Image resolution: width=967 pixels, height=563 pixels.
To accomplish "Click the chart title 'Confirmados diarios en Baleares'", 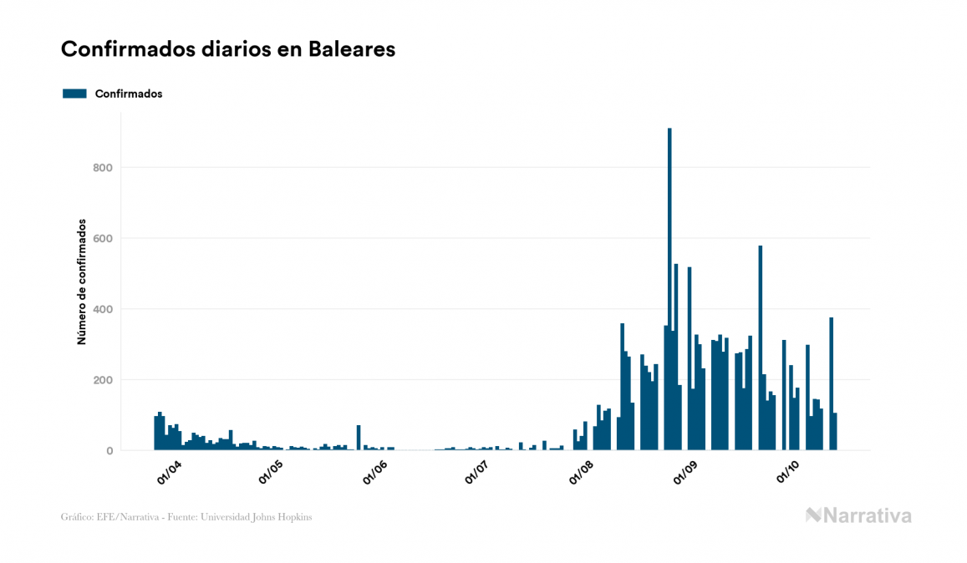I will pyautogui.click(x=228, y=49).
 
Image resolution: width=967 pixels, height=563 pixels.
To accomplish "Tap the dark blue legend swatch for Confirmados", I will pyautogui.click(x=74, y=94).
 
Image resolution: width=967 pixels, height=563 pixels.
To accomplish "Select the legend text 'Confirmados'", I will pyautogui.click(x=129, y=94).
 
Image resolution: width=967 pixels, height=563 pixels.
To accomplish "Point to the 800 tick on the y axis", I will pyautogui.click(x=103, y=168).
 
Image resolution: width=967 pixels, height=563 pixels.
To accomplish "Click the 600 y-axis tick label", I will pyautogui.click(x=103, y=239).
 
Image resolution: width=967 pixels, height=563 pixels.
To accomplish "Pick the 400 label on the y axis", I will pyautogui.click(x=103, y=310).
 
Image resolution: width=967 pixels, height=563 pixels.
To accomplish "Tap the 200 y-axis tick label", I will pyautogui.click(x=103, y=380).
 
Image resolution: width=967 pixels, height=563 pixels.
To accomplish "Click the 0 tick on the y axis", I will pyautogui.click(x=109, y=451).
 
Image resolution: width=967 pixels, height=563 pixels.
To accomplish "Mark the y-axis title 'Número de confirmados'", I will pyautogui.click(x=82, y=282).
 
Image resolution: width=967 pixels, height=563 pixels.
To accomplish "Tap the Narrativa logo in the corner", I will pyautogui.click(x=858, y=515).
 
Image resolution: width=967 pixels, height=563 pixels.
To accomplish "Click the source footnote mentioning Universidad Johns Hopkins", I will pyautogui.click(x=186, y=517).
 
